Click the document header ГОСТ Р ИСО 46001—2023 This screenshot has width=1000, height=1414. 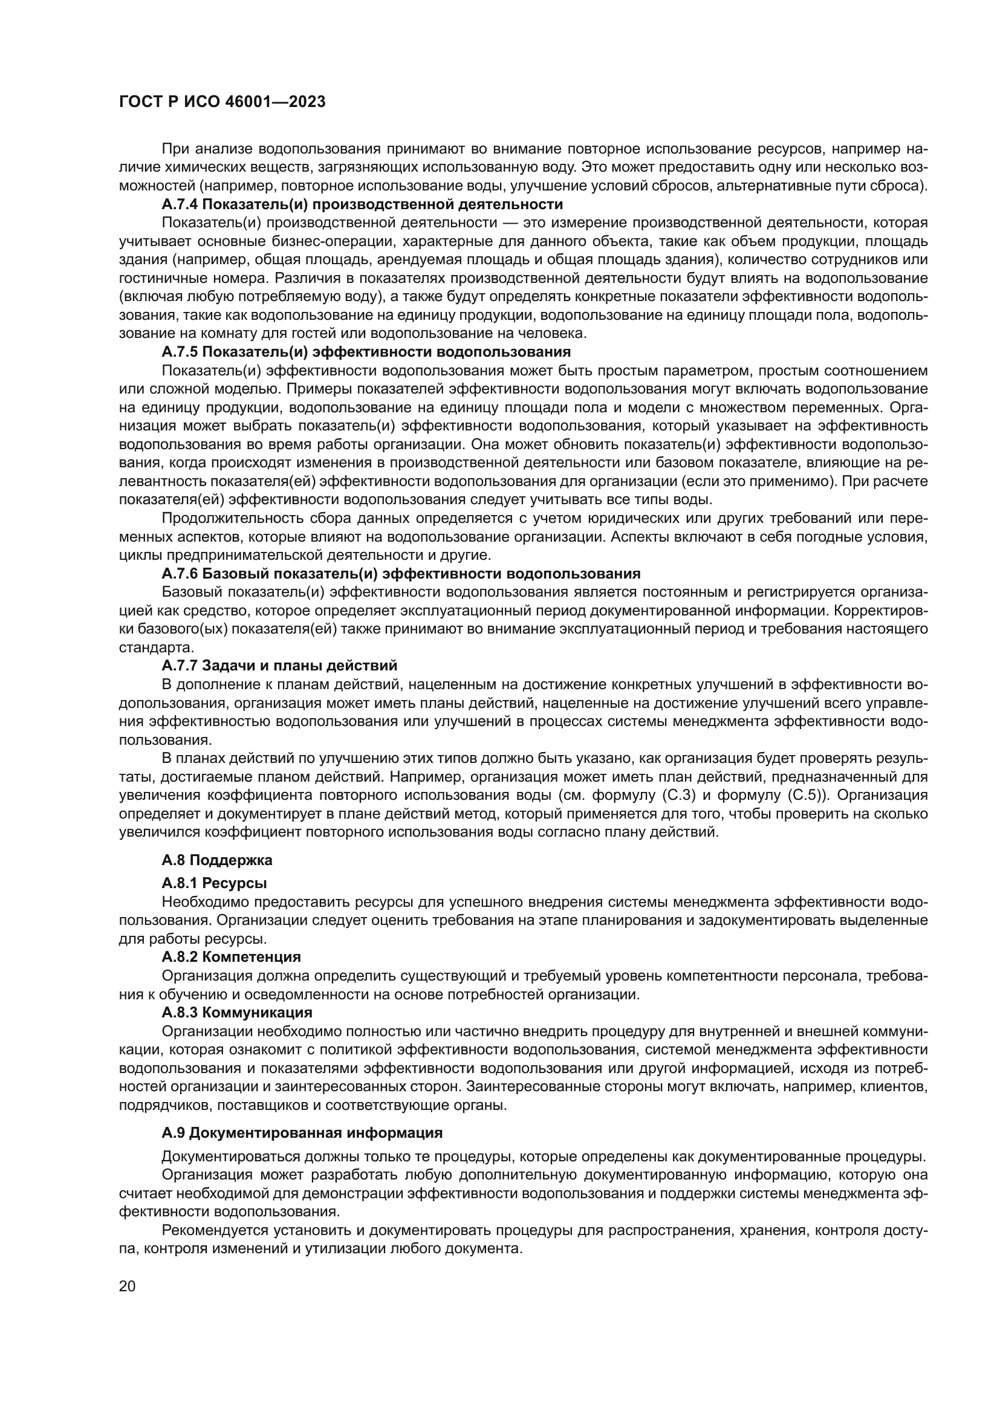222,102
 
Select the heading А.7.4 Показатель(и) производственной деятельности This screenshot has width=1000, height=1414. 362,204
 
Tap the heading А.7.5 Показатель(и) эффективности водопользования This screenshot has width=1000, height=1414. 366,352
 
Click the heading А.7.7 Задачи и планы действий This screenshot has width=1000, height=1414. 279,666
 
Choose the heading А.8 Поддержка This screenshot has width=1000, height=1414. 217,860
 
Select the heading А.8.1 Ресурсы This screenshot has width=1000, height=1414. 213,883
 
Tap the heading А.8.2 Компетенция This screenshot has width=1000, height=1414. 231,957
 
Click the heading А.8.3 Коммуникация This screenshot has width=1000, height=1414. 236,1013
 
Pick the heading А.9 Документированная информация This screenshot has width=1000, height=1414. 302,1133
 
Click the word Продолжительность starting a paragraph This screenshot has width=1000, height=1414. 222,518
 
